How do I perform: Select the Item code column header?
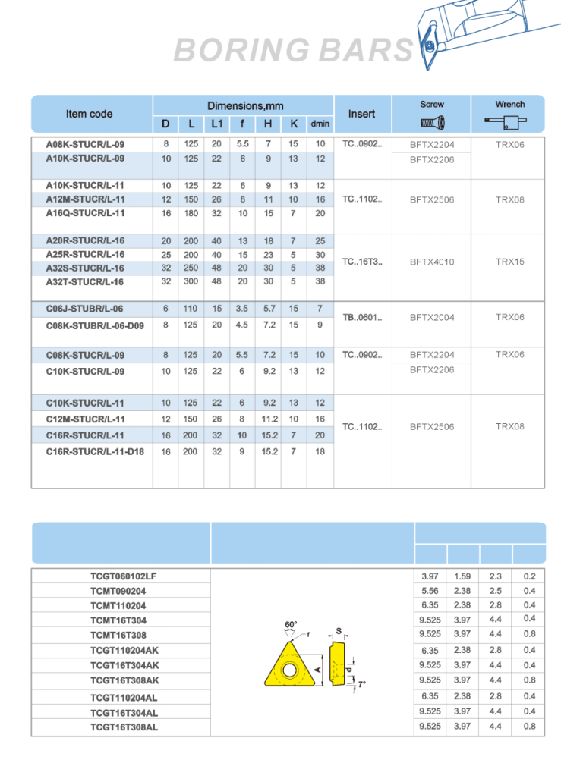pyautogui.click(x=89, y=114)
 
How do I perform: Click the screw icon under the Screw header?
pyautogui.click(x=432, y=122)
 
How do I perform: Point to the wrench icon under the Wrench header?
pyautogui.click(x=509, y=121)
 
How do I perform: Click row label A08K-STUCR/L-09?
pyautogui.click(x=86, y=144)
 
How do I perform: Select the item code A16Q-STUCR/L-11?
pyautogui.click(x=86, y=213)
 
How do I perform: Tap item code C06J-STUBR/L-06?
pyautogui.click(x=84, y=309)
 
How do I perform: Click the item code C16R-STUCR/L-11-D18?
pyautogui.click(x=95, y=452)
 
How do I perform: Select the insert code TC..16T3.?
pyautogui.click(x=362, y=262)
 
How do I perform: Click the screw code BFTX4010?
pyautogui.click(x=432, y=262)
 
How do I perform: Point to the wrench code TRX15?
pyautogui.click(x=510, y=261)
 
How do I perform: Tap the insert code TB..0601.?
pyautogui.click(x=362, y=317)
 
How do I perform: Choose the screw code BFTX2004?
pyautogui.click(x=432, y=317)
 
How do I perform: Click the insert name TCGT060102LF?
pyautogui.click(x=124, y=576)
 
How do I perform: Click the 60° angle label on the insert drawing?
pyautogui.click(x=291, y=625)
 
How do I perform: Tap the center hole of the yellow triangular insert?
pyautogui.click(x=290, y=670)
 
